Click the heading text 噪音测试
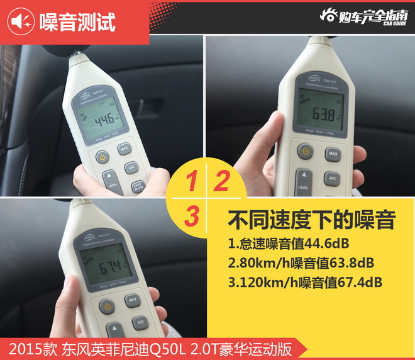click(77, 22)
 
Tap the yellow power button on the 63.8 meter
click(305, 151)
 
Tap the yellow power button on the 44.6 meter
click(102, 157)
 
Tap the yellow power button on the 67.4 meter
click(107, 307)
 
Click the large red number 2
click(221, 182)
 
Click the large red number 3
click(192, 216)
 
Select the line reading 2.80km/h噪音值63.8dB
click(301, 261)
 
